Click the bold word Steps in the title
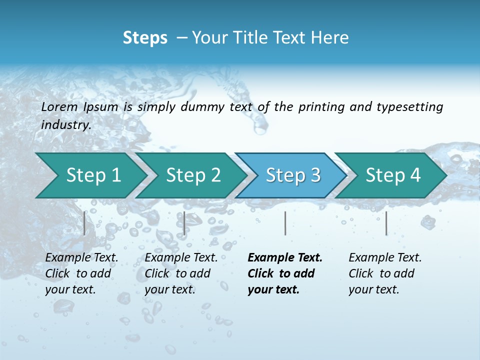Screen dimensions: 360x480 click(145, 38)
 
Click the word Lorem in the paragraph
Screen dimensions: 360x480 click(59, 107)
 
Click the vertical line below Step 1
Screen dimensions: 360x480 click(84, 223)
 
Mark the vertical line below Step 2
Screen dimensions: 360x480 click(184, 223)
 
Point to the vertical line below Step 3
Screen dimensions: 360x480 click(285, 223)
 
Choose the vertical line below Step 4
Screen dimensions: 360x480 click(386, 223)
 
